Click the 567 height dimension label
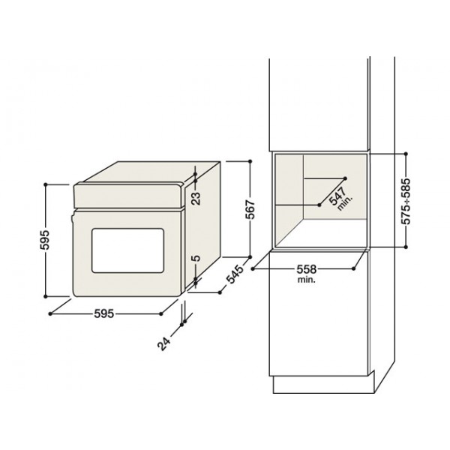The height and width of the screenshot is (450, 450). [250, 209]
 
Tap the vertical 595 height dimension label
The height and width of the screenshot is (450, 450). [45, 240]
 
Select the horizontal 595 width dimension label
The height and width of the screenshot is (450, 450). [104, 313]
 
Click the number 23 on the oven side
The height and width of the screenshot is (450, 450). [196, 198]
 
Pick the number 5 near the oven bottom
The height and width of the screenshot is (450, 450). [196, 258]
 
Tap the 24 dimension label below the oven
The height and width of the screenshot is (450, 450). [163, 343]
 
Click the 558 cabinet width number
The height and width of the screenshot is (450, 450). [307, 269]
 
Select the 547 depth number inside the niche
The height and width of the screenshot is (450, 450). [337, 196]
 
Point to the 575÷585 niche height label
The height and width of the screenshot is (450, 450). [406, 201]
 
